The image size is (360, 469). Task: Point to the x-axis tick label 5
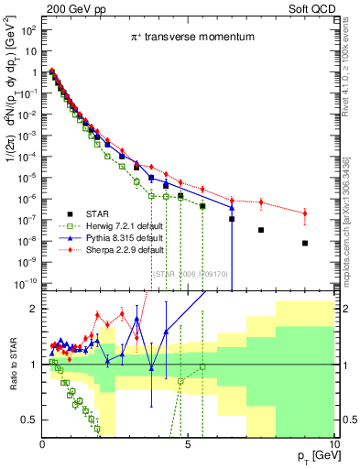tap(187, 442)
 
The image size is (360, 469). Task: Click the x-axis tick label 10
tap(331, 442)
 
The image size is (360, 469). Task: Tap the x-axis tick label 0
tap(42, 442)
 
